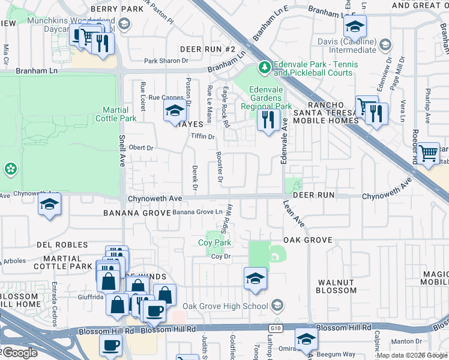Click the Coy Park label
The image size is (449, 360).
(x=214, y=243)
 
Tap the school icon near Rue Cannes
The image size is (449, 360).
(x=175, y=110)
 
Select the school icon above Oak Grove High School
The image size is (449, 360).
(x=255, y=278)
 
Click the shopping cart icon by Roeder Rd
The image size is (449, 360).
(x=428, y=154)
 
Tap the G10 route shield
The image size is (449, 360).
(x=276, y=328)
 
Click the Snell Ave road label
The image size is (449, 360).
(x=122, y=154)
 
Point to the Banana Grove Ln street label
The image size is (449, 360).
(x=197, y=212)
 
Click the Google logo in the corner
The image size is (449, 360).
(x=19, y=353)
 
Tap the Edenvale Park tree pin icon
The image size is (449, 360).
(x=262, y=65)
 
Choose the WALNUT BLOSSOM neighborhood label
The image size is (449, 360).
(x=337, y=286)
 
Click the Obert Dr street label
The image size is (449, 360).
(x=141, y=148)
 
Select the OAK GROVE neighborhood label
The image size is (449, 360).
(x=307, y=240)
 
